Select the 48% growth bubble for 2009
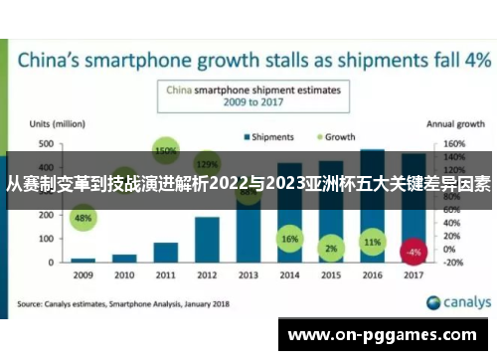coord(83,218)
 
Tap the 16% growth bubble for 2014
coord(289,240)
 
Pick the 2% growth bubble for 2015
coord(331,247)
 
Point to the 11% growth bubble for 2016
coord(372,242)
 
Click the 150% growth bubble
coord(165,151)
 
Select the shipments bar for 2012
coord(207,238)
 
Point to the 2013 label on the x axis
coord(248,274)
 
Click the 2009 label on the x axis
coord(83,274)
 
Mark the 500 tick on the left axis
coord(46,144)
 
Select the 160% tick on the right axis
coord(453,144)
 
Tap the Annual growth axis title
coord(454,125)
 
